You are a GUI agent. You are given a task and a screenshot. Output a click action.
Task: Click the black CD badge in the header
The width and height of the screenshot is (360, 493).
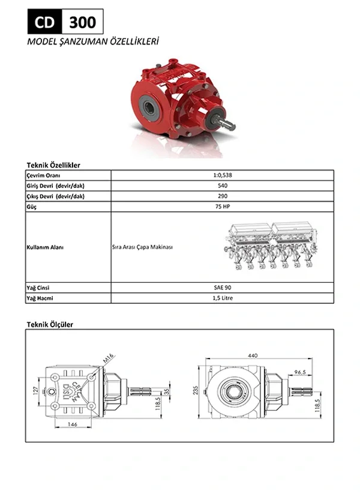pos(43,22)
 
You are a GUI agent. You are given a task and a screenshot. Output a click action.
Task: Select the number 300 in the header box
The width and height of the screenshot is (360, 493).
pos(82,22)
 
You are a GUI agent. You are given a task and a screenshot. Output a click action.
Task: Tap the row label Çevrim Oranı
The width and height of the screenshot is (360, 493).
pos(44,175)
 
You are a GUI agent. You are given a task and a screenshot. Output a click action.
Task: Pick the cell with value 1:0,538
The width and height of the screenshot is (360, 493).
pos(223,175)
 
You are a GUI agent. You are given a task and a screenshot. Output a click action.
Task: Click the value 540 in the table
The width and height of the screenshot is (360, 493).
pos(223,186)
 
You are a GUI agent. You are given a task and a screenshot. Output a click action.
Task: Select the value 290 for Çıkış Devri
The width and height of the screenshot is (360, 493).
pos(223,196)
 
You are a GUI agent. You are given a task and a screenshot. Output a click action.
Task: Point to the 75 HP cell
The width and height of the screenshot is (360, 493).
pos(223,207)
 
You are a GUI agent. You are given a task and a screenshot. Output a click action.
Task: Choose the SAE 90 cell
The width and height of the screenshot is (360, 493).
pos(223,288)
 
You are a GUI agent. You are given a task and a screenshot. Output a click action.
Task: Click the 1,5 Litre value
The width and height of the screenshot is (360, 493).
pos(223,298)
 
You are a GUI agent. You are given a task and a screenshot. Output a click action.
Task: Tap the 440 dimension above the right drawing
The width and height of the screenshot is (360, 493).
pos(253,355)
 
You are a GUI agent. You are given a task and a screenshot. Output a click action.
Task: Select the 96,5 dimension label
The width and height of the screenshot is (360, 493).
pos(300,372)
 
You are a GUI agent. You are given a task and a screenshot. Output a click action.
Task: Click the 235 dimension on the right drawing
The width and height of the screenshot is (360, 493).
pos(194,389)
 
